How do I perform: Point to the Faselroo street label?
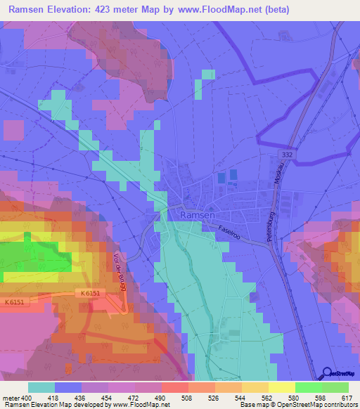229,233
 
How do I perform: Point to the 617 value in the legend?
346,398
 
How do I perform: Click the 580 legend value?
293,398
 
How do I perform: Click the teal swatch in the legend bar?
41,387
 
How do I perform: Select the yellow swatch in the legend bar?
281,387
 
